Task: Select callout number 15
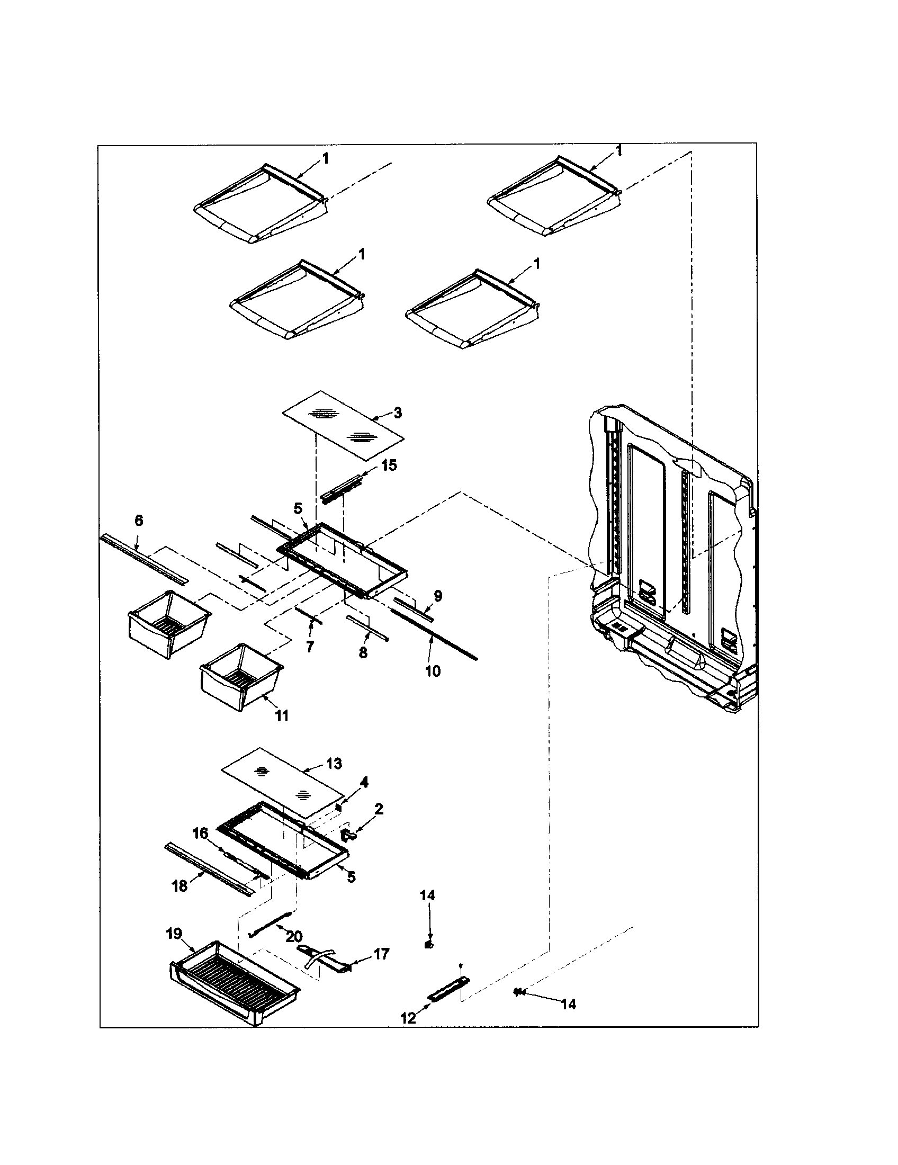[x=389, y=465]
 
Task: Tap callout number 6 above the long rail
[x=139, y=521]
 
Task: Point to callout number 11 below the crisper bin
[x=281, y=716]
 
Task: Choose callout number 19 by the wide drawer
[x=174, y=934]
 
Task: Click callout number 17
[x=382, y=954]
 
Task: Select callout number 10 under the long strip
[x=433, y=671]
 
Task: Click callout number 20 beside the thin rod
[x=294, y=936]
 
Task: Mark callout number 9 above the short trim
[x=437, y=596]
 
